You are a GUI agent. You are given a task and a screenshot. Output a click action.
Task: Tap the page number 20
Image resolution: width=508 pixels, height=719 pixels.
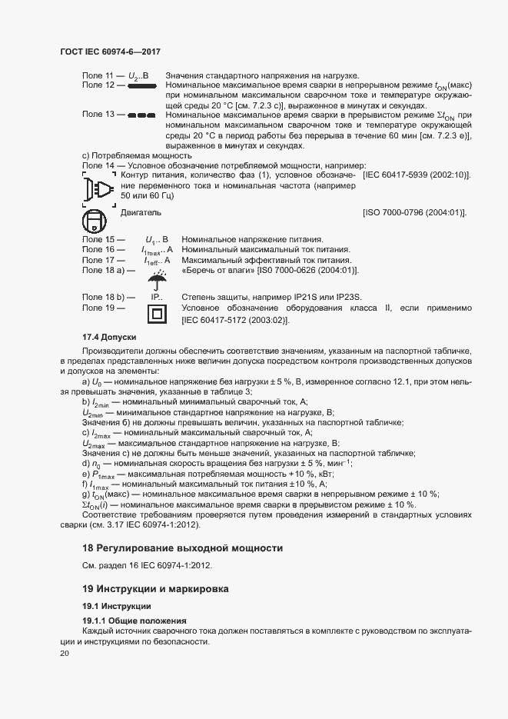(x=64, y=654)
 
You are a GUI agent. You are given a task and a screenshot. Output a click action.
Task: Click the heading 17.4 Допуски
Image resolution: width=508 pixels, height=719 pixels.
(x=109, y=337)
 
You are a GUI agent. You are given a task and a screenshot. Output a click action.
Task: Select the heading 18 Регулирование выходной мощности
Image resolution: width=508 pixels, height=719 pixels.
(x=183, y=548)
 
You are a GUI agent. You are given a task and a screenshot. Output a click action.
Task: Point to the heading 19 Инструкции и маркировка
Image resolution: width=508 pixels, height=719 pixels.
(x=165, y=589)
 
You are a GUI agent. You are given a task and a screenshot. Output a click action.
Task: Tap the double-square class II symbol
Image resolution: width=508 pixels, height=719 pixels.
(x=158, y=313)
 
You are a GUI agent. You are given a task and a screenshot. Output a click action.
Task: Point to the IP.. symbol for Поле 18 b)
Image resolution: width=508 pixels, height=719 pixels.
(x=158, y=297)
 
